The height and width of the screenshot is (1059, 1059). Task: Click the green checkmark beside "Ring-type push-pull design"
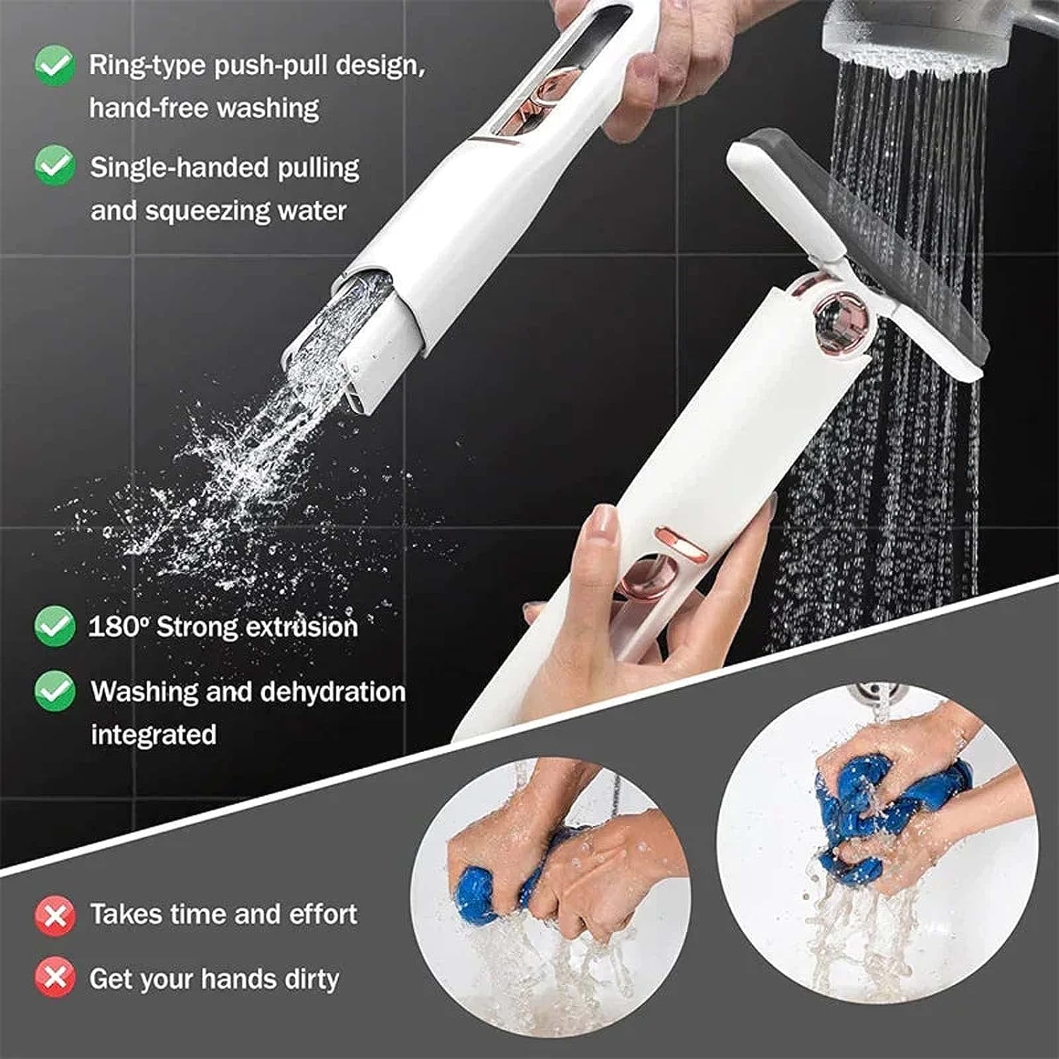(54, 65)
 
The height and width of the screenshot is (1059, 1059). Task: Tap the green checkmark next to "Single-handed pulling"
(54, 166)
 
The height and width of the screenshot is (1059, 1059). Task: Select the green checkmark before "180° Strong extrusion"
(54, 626)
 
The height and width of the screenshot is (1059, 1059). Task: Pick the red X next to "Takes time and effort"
(54, 915)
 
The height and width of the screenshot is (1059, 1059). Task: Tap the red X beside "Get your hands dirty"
(54, 979)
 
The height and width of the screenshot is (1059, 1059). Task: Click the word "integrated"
(153, 735)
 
